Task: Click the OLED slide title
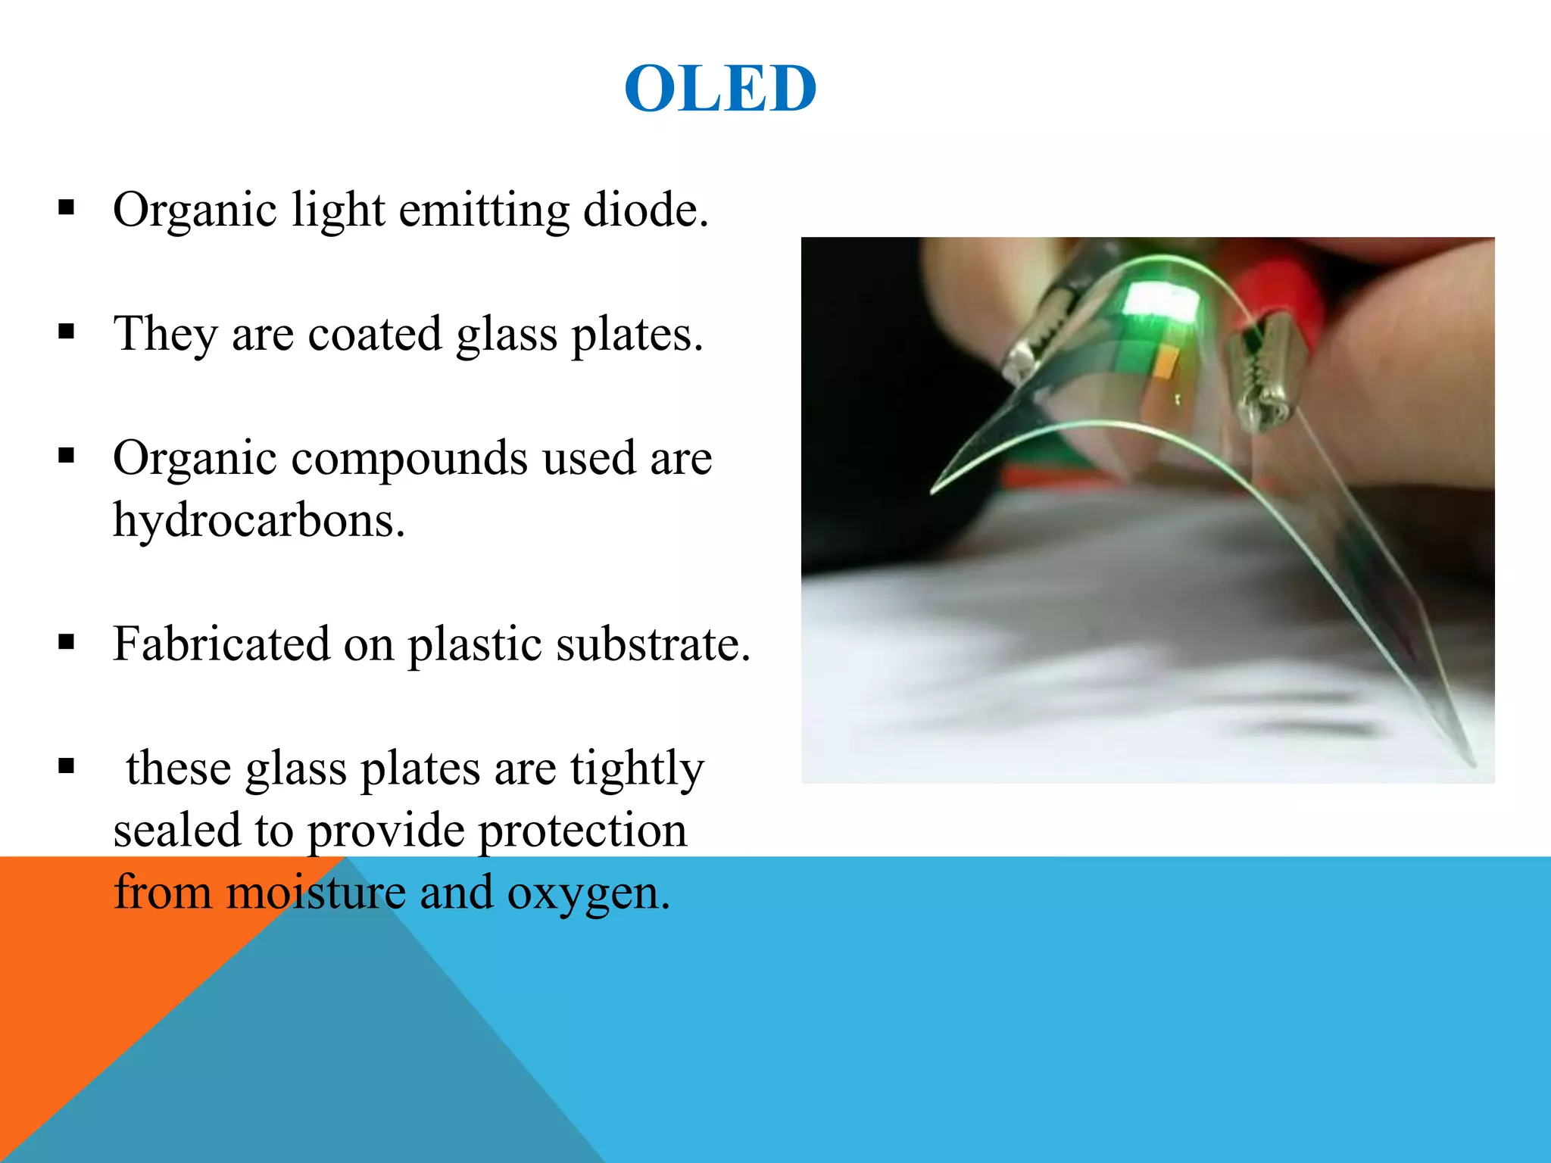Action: pos(720,89)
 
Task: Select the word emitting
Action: pos(484,210)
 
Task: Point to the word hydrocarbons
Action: pos(258,521)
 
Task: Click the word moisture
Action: pos(316,893)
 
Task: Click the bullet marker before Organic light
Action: pos(67,207)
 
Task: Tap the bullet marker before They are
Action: pos(67,332)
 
